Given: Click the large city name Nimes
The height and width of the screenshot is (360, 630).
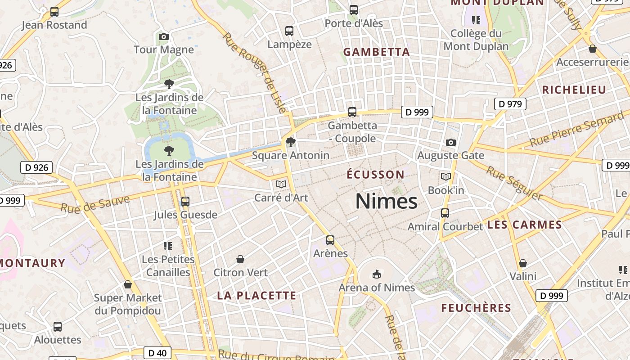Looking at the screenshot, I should [386, 201].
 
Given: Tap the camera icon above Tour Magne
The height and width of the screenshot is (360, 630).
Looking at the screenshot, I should [164, 36].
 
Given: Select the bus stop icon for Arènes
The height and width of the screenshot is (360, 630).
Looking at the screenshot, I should [330, 240].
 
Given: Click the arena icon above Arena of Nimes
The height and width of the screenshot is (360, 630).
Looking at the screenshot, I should [377, 274].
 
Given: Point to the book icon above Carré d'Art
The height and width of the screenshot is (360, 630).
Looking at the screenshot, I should [281, 184].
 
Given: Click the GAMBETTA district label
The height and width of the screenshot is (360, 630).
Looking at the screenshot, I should [377, 52].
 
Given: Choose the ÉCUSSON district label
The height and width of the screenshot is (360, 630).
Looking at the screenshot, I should [376, 175].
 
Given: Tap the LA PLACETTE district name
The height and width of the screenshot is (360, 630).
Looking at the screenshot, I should [256, 296].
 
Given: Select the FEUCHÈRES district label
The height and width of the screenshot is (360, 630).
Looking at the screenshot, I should [476, 308].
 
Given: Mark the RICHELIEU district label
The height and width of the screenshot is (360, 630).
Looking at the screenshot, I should [574, 90].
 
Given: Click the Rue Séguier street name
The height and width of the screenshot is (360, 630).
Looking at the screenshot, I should [514, 183].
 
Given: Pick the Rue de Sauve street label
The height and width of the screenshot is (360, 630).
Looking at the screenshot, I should [95, 204].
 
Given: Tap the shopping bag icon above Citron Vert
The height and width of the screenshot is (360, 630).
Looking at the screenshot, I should [240, 260].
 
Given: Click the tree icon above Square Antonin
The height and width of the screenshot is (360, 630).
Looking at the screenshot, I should [291, 143].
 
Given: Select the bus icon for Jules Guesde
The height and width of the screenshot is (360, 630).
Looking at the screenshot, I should [185, 202].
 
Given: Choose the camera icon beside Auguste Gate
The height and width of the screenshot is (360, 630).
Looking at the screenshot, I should [450, 143].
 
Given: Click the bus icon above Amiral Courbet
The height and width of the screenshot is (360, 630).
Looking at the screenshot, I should [445, 213].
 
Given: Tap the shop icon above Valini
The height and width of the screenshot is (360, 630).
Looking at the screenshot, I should [523, 263].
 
